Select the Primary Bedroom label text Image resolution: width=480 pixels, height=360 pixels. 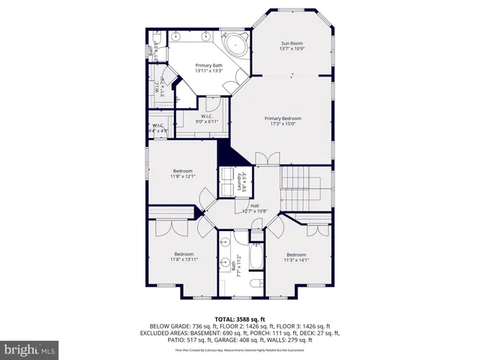[x=282, y=121]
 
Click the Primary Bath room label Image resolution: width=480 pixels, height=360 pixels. [x=209, y=68]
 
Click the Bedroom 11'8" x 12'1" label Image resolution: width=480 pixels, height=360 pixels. [x=182, y=174]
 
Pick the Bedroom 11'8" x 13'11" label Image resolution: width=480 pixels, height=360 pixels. [x=184, y=256]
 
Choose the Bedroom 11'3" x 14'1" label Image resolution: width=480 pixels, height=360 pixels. [x=295, y=256]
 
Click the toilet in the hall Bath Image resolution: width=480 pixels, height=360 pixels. [x=254, y=283]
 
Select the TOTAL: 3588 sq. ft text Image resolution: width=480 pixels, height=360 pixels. [x=239, y=318]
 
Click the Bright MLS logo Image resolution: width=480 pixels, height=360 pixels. [x=30, y=349]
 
